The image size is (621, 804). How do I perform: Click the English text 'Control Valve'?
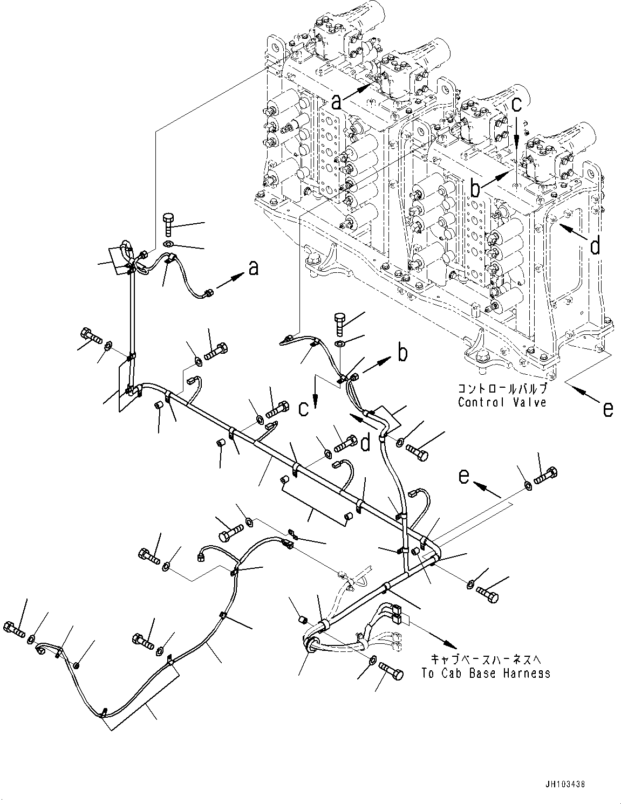502,402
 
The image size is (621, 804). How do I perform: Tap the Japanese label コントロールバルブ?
502,390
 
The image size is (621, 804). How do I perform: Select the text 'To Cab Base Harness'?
486,673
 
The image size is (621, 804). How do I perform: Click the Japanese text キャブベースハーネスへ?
486,660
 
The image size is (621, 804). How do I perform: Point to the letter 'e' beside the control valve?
608,410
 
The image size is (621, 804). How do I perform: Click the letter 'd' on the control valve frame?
595,246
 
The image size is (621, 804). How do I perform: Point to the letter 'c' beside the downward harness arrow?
304,408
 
